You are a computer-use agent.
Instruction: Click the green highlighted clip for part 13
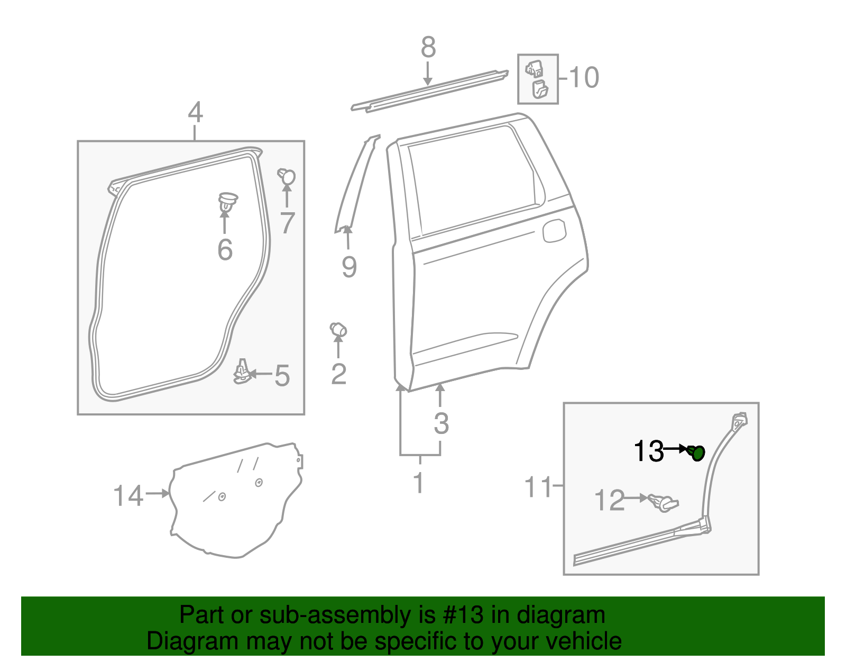click(698, 453)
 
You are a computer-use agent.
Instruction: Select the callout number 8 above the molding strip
click(428, 48)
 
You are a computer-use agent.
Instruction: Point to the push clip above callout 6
click(227, 202)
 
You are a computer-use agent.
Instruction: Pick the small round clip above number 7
click(287, 176)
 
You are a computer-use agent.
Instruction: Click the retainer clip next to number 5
click(242, 372)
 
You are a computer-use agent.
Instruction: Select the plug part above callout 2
click(338, 330)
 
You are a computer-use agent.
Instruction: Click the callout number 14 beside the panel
click(128, 496)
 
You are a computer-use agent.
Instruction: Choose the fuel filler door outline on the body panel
click(554, 231)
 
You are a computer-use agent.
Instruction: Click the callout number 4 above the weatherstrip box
click(195, 113)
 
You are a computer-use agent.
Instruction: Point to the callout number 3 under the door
click(441, 423)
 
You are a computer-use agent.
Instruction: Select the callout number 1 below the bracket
click(419, 483)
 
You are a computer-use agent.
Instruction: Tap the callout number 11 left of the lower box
click(538, 487)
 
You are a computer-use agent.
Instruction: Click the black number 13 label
click(648, 451)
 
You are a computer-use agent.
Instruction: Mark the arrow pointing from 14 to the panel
click(158, 493)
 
